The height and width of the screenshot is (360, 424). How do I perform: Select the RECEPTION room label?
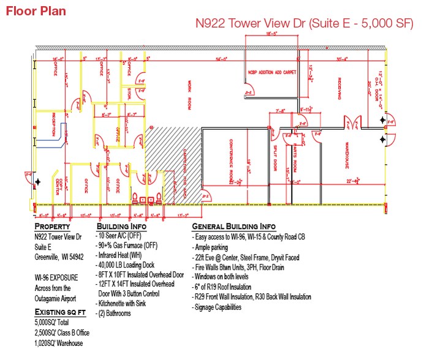click(x=53, y=124)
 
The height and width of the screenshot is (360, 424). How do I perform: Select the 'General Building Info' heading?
click(x=234, y=227)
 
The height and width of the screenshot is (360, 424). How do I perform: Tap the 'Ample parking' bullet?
click(x=211, y=247)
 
